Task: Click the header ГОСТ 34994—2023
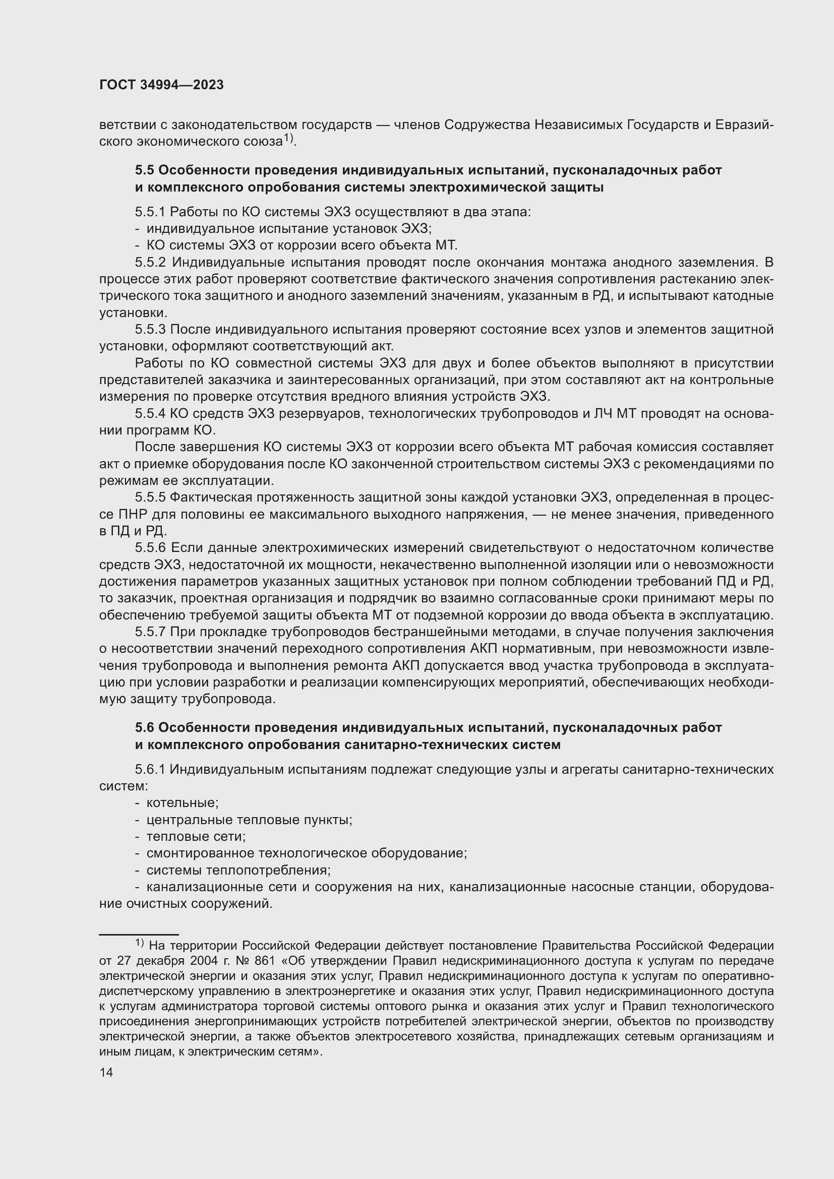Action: pyautogui.click(x=161, y=85)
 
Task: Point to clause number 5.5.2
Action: pyautogui.click(x=150, y=263)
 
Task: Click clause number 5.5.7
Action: pyautogui.click(x=150, y=632)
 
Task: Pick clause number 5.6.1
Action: pyautogui.click(x=150, y=769)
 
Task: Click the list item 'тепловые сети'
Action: pyautogui.click(x=196, y=837)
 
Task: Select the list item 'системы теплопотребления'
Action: pyautogui.click(x=239, y=871)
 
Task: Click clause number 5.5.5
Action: pyautogui.click(x=150, y=497)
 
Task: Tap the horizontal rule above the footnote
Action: pyautogui.click(x=139, y=934)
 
